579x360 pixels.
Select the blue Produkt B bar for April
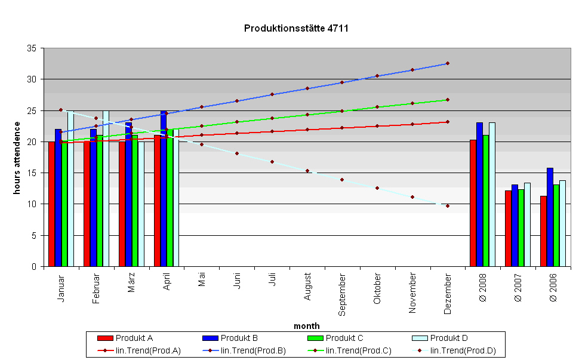click(x=164, y=188)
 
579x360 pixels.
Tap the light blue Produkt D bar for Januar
click(x=70, y=188)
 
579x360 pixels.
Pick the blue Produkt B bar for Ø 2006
click(x=550, y=217)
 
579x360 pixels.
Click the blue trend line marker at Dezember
click(x=448, y=63)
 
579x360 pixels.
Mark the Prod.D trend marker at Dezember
click(x=448, y=206)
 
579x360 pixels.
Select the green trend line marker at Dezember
click(x=448, y=100)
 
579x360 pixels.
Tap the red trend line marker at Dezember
click(x=448, y=122)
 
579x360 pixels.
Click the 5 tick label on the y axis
click(x=35, y=236)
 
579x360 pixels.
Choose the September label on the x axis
click(x=343, y=295)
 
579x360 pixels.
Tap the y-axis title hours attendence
click(x=17, y=158)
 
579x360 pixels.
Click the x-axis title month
click(x=306, y=326)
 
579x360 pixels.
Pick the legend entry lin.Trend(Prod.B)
click(x=254, y=350)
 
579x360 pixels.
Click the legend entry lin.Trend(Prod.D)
click(x=463, y=350)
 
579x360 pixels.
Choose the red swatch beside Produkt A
click(x=104, y=339)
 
